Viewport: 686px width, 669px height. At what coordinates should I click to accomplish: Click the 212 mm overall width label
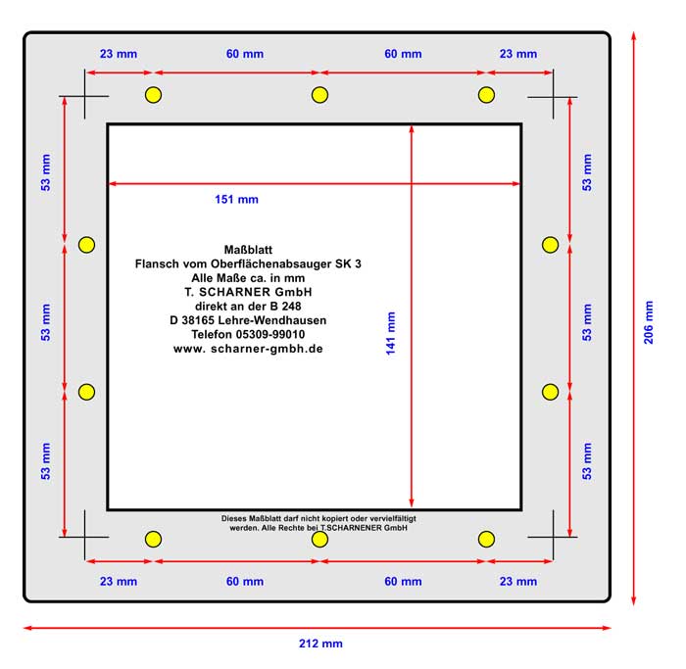(x=320, y=644)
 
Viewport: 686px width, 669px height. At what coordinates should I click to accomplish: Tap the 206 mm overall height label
(x=649, y=322)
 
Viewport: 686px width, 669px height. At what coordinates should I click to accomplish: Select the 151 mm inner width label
(x=237, y=200)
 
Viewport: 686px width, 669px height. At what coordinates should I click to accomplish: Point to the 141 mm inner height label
(x=391, y=333)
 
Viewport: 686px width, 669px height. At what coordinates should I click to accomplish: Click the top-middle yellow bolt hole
(x=319, y=95)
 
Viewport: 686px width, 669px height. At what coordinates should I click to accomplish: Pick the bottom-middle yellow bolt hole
(x=319, y=539)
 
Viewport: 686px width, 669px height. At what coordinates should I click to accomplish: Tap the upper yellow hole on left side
(x=86, y=245)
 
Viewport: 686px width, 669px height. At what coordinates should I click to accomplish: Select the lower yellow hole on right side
(x=551, y=392)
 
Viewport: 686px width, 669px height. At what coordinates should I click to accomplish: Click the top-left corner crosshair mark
(x=84, y=96)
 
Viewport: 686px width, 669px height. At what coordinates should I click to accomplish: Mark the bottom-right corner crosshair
(x=553, y=537)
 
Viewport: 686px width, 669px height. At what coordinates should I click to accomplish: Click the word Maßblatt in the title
(x=248, y=250)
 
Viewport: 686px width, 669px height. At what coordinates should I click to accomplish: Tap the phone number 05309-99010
(x=270, y=335)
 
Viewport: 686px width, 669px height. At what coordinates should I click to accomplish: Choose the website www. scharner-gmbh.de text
(x=248, y=349)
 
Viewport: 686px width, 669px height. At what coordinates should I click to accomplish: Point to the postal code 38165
(x=198, y=320)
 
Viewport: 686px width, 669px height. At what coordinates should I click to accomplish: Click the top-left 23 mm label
(x=119, y=54)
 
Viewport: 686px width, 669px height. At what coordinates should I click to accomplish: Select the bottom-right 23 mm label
(x=518, y=582)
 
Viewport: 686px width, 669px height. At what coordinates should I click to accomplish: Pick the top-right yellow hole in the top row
(x=486, y=95)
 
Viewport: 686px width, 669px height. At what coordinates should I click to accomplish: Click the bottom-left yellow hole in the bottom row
(x=153, y=539)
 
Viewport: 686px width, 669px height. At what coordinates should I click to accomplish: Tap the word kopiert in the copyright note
(x=335, y=518)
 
